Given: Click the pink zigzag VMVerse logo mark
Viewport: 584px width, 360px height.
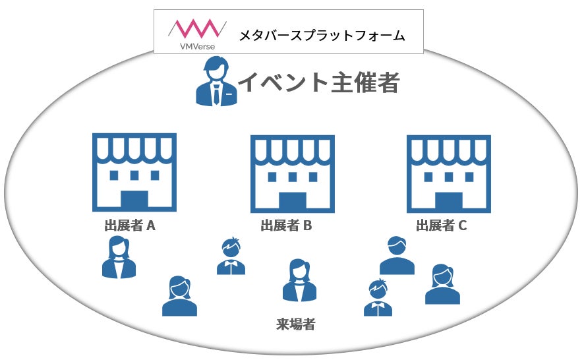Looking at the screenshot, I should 192,28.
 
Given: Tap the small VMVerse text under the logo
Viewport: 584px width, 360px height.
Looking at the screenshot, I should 193,46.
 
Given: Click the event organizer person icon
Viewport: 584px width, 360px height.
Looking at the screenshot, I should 216,82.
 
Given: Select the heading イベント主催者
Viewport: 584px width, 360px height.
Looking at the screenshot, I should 318,82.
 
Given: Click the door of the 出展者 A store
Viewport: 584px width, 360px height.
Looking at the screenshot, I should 134,200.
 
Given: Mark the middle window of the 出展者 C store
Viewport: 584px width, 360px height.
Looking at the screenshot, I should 448,176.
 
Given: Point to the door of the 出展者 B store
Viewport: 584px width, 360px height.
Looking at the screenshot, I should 293,200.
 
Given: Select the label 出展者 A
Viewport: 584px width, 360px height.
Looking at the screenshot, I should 130,226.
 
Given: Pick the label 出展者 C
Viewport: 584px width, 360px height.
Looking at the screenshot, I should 441,226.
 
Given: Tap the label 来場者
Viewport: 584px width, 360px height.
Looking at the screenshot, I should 295,324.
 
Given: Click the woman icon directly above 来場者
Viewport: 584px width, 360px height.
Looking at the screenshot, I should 299,281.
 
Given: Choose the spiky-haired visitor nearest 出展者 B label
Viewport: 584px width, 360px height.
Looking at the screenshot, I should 231,256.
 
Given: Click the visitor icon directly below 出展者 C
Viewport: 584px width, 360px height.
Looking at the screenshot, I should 397,256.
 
